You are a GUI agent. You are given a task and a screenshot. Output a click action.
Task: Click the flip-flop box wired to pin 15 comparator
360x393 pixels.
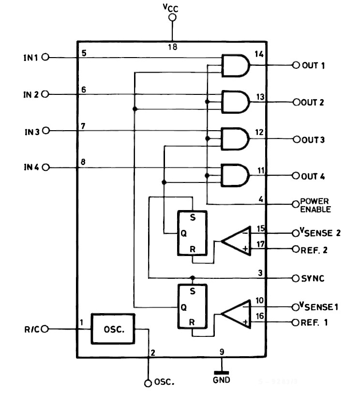tap(192, 233)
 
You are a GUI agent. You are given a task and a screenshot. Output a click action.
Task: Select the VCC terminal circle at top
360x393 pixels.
tap(172, 18)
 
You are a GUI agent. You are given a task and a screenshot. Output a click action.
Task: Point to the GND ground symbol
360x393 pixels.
tap(222, 372)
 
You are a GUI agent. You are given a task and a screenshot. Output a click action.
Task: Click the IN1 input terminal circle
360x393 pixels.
tap(45, 57)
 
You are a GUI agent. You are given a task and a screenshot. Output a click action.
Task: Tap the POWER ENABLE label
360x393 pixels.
tap(315, 205)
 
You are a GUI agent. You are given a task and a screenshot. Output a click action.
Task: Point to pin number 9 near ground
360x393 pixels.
tap(222, 352)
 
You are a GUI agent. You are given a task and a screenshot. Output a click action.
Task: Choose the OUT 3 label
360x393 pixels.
tap(312, 140)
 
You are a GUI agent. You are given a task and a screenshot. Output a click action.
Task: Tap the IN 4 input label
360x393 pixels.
tap(30, 168)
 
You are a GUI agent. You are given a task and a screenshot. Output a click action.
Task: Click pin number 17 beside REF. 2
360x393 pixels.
tap(261, 244)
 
